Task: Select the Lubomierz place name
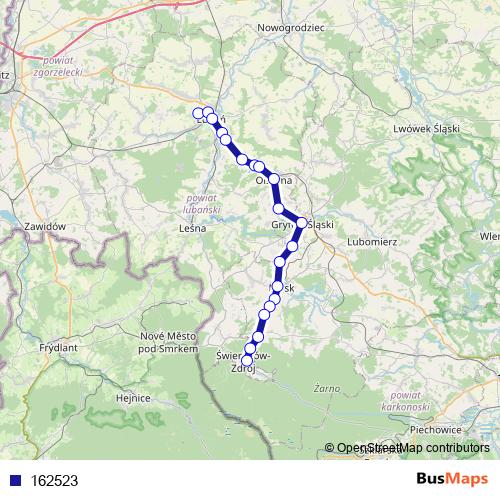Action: point(373,241)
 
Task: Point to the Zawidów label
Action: point(45,227)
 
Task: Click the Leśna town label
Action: point(190,228)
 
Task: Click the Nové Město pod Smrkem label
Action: point(165,341)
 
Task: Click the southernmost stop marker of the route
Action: point(248,360)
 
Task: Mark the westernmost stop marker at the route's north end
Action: point(199,114)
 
